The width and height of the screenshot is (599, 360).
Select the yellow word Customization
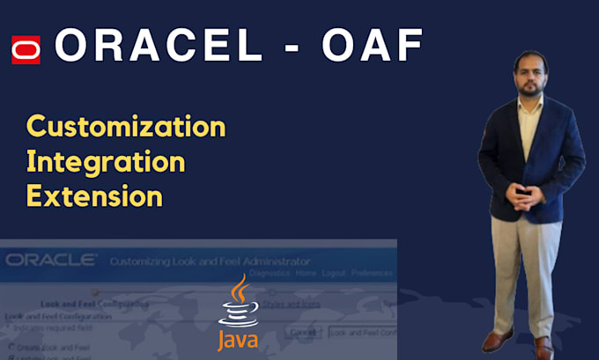coord(126,127)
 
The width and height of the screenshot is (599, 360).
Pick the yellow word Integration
coord(106,161)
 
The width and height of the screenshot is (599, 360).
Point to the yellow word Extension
coord(94,195)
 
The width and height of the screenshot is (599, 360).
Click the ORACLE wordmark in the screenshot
coord(50,260)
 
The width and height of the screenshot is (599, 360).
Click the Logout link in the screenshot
coord(335,274)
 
